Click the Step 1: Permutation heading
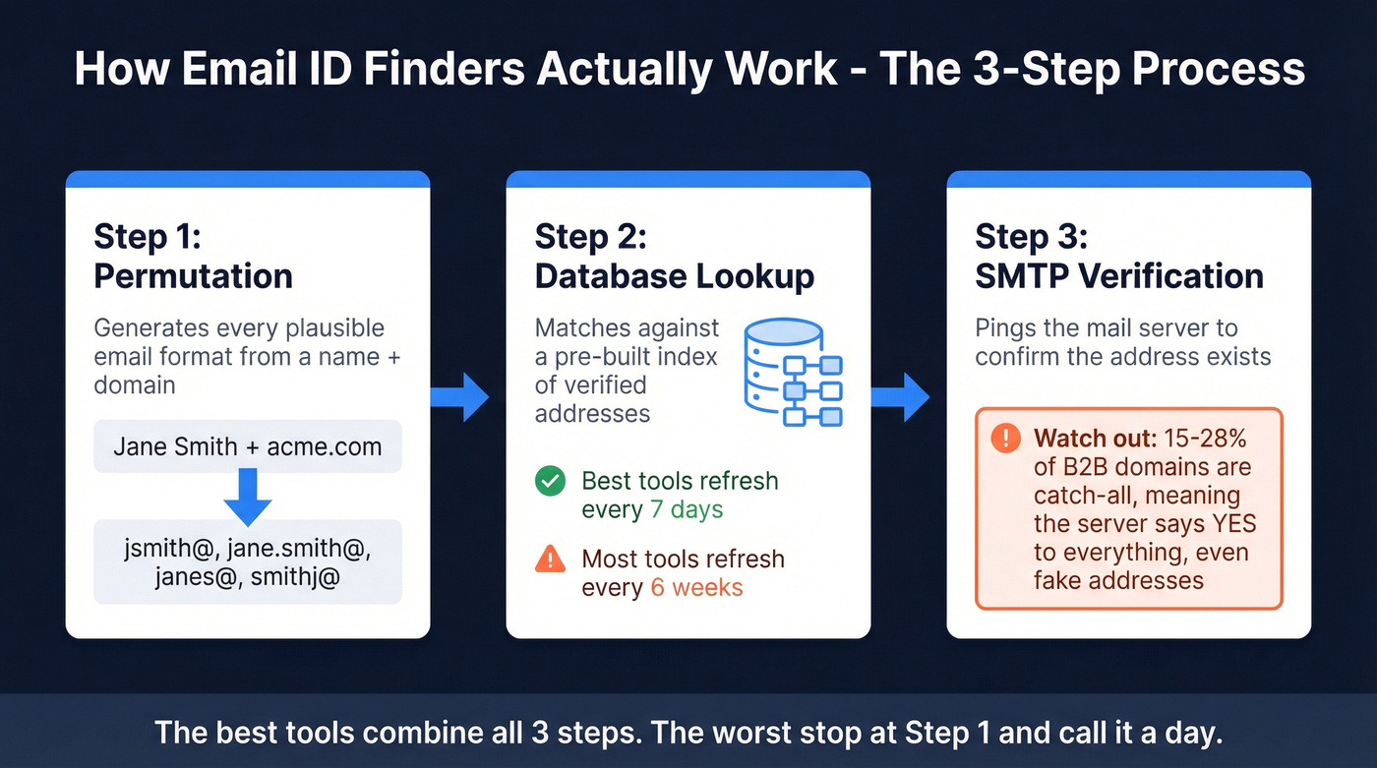tap(193, 257)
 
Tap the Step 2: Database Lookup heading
tap(674, 257)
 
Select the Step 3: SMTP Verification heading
tap(1118, 257)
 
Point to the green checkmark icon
tap(550, 481)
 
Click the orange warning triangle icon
tap(550, 560)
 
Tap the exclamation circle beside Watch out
tap(1005, 439)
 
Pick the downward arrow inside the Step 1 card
tap(247, 497)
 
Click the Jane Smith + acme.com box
tap(247, 447)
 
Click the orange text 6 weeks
tap(696, 588)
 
